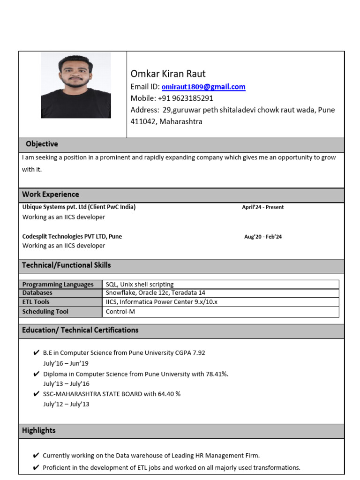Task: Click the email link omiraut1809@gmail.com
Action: (x=203, y=87)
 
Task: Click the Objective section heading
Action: (x=42, y=144)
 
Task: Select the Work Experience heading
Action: (x=50, y=194)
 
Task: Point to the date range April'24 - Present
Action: (x=262, y=207)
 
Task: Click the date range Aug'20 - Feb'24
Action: (x=262, y=237)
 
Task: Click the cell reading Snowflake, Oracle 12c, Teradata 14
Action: (x=155, y=293)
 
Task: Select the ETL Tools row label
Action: (x=36, y=302)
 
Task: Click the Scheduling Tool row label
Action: (x=45, y=311)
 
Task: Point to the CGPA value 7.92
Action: (x=196, y=353)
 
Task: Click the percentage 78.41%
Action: (x=217, y=374)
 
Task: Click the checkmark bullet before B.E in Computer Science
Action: (x=36, y=353)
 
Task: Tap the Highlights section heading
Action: (x=38, y=430)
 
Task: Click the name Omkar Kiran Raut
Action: (x=168, y=74)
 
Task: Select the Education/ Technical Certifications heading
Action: (x=80, y=330)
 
